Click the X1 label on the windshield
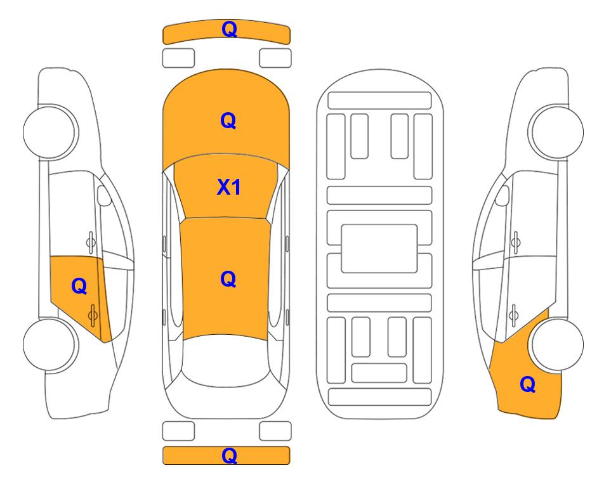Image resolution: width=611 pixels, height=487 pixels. pyautogui.click(x=229, y=187)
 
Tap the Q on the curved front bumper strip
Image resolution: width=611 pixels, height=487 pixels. pyautogui.click(x=229, y=29)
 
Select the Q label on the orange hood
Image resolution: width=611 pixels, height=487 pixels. pyautogui.click(x=228, y=120)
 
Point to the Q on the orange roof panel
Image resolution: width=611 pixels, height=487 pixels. pyautogui.click(x=228, y=279)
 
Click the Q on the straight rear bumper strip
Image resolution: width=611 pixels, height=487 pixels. pyautogui.click(x=229, y=455)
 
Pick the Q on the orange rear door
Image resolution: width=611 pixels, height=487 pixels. pyautogui.click(x=79, y=287)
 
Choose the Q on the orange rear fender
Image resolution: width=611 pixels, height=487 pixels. pyautogui.click(x=528, y=384)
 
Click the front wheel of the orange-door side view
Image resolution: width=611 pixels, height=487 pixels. pyautogui.click(x=50, y=132)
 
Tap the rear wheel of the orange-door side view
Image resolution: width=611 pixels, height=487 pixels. pyautogui.click(x=50, y=344)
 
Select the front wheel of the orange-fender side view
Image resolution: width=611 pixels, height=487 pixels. pyautogui.click(x=556, y=132)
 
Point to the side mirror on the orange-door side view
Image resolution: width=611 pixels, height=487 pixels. pyautogui.click(x=103, y=195)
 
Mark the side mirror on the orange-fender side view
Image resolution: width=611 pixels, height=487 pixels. pyautogui.click(x=503, y=195)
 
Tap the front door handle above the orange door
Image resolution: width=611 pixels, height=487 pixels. pyautogui.click(x=91, y=242)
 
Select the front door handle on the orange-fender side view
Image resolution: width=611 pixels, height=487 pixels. pyautogui.click(x=516, y=242)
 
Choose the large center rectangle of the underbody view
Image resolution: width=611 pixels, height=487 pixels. pyautogui.click(x=379, y=249)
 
